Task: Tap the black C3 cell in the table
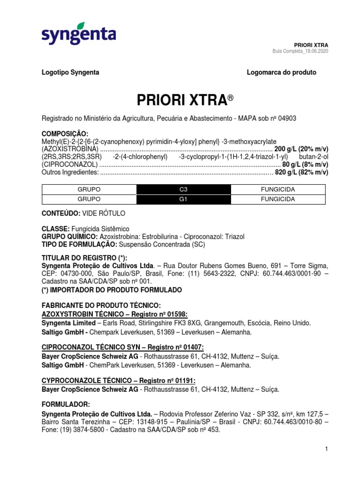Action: coord(183,189)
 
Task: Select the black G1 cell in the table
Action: coord(183,199)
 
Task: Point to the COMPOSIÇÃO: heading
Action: coord(65,134)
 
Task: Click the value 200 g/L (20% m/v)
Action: coord(301,149)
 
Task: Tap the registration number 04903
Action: coord(287,119)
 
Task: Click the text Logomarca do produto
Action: coord(281,73)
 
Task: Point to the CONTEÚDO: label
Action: coord(61,213)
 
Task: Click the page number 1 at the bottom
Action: coord(325,450)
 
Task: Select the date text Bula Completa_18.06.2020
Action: coord(300,51)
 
